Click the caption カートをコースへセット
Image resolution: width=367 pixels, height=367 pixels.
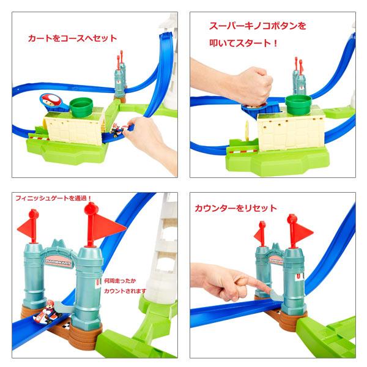(x=72, y=38)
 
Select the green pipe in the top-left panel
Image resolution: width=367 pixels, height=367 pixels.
(x=81, y=107)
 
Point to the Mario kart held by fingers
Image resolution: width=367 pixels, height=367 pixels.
(x=116, y=130)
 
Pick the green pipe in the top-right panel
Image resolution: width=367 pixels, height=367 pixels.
(x=298, y=105)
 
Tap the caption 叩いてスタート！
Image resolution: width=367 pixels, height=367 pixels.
(x=243, y=43)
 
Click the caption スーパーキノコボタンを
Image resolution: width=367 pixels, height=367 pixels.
(x=258, y=26)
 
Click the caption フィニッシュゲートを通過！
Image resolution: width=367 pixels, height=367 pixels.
(x=53, y=198)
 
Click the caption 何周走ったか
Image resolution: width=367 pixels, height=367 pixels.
(x=120, y=281)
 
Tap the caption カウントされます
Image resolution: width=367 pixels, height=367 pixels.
(x=125, y=291)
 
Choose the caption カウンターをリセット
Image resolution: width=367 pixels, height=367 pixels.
(x=235, y=208)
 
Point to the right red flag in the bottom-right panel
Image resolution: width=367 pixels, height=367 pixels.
(x=299, y=231)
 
